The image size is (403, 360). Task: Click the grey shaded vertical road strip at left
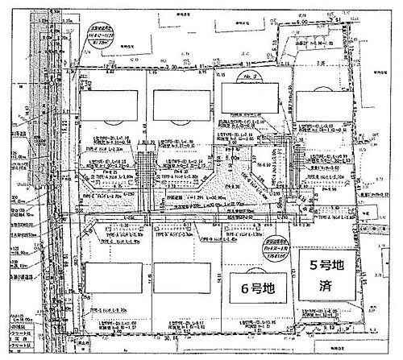coord(32,161)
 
